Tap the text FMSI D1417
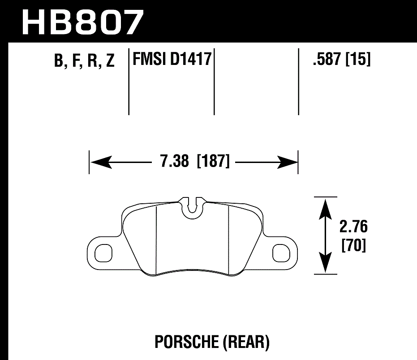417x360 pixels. coord(171,59)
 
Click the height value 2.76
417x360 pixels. coord(353,227)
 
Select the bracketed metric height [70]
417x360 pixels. coord(353,246)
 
